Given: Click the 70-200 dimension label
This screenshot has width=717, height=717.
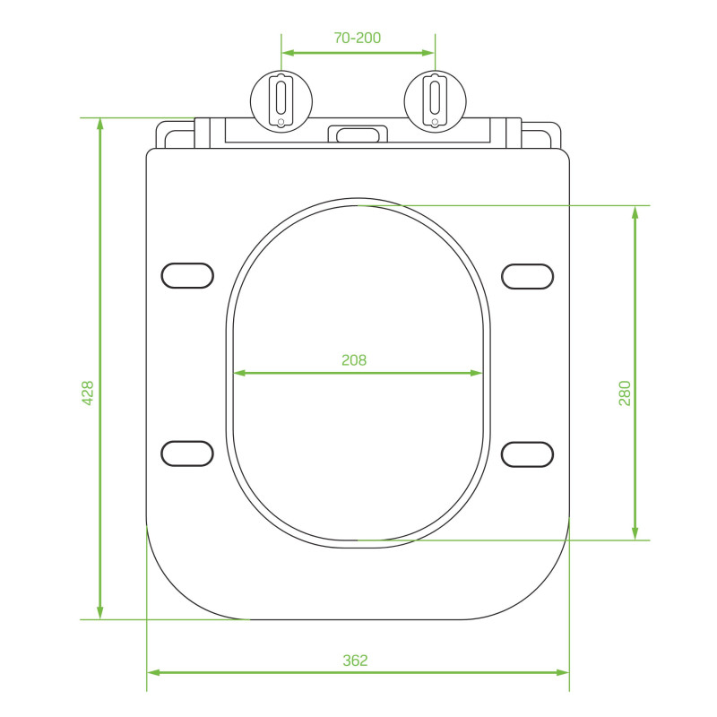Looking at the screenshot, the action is pos(357,38).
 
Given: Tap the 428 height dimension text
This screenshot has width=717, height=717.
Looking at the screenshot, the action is pos(87,393).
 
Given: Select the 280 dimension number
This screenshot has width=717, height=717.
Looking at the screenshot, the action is pos(624,393).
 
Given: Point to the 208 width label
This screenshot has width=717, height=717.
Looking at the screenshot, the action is pos(354,360).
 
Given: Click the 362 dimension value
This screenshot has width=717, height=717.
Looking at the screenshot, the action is pos(355,661).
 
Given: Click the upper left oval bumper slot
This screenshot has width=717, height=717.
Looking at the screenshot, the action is pos(187,276).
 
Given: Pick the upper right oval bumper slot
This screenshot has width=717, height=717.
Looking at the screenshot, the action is pos(527,276).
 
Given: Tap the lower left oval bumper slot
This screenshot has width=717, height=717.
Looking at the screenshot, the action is pos(187,454).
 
